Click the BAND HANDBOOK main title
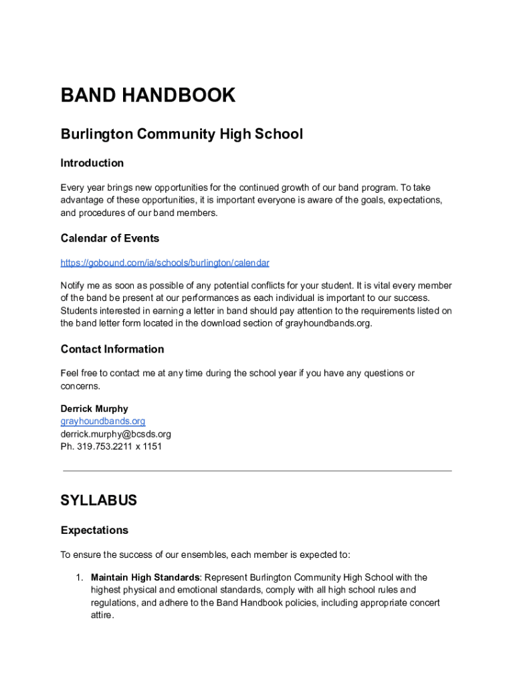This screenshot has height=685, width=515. [x=148, y=96]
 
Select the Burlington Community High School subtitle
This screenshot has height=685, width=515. [x=181, y=134]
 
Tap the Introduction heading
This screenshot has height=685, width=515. [x=92, y=163]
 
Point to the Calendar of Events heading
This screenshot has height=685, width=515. [x=110, y=239]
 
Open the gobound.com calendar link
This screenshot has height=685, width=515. [x=165, y=263]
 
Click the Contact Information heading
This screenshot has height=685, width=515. [x=112, y=349]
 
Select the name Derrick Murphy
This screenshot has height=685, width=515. [x=94, y=409]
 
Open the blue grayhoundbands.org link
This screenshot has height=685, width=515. [x=102, y=421]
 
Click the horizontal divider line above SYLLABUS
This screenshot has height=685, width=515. [x=257, y=471]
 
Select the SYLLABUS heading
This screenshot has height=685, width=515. [x=98, y=500]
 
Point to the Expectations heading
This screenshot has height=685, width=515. [x=94, y=530]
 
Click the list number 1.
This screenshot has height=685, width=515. [x=78, y=577]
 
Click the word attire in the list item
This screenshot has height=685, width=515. [x=102, y=615]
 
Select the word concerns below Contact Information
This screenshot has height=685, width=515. [x=80, y=386]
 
